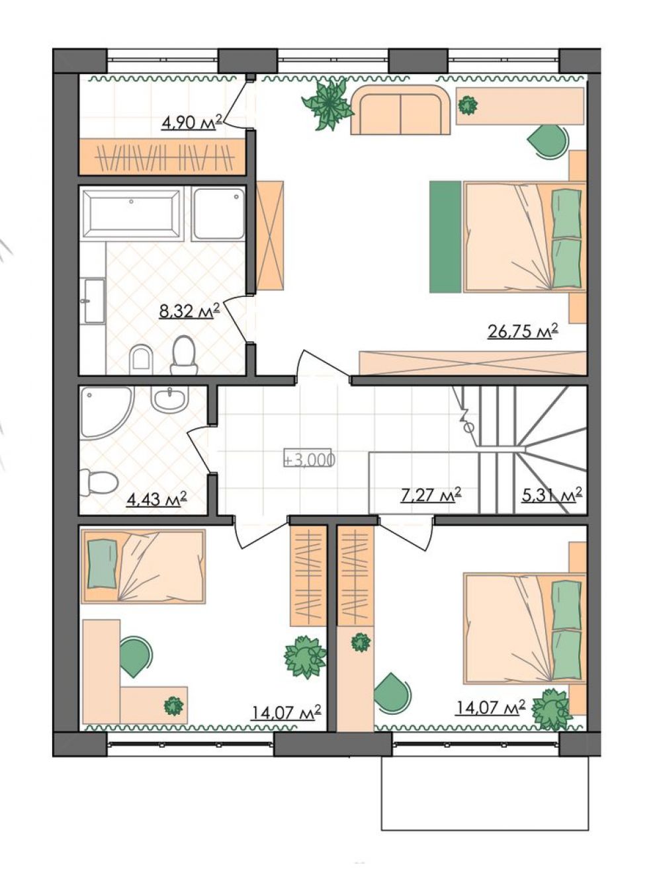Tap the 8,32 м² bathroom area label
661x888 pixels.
(189, 310)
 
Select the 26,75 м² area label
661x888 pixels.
(523, 331)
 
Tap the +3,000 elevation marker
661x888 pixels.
(308, 460)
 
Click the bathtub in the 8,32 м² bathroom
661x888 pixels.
(132, 215)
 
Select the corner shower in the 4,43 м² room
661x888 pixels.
(105, 413)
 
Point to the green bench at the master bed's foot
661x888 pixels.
(445, 237)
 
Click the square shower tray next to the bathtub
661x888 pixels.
(218, 215)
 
